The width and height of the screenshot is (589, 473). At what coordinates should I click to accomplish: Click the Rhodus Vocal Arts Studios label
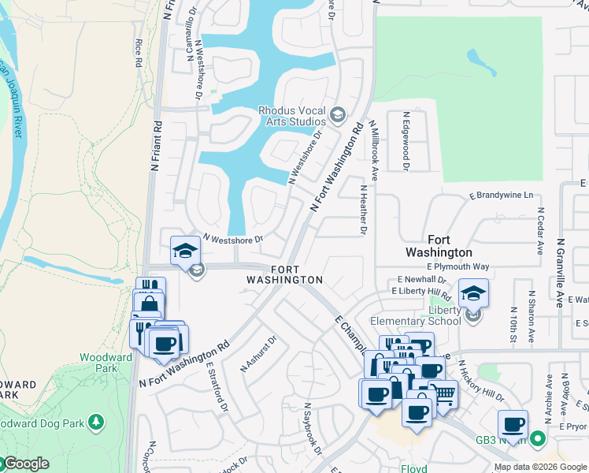coord(292,116)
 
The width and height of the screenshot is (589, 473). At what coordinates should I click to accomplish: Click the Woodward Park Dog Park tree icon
coord(96,422)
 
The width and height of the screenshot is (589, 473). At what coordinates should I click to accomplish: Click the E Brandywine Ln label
coord(502,195)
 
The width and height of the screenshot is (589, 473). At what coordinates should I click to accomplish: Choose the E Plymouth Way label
coord(469,266)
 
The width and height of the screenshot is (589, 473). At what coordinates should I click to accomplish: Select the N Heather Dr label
coord(363,210)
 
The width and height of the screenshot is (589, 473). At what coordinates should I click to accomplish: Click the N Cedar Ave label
coord(541,231)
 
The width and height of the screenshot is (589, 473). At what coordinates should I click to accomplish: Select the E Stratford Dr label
coord(217,385)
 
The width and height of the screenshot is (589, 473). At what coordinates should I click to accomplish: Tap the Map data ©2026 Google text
coord(539,467)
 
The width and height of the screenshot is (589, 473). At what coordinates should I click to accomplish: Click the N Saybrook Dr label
coord(312,430)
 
